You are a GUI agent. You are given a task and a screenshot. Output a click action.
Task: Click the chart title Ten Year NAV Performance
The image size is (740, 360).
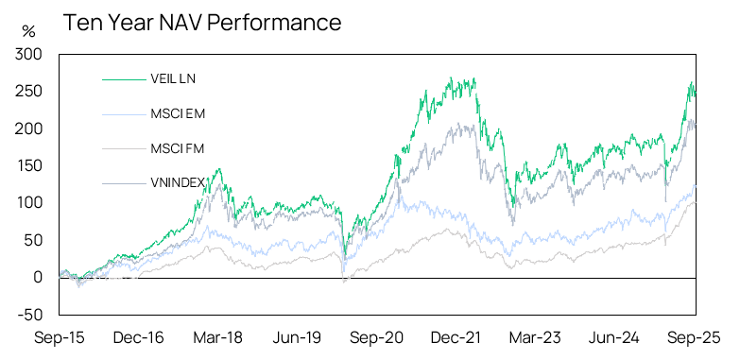click(x=202, y=21)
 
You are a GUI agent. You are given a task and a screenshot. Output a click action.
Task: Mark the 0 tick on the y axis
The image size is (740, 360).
click(x=38, y=277)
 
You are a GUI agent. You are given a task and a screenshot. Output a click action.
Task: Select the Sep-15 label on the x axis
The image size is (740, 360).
click(x=58, y=336)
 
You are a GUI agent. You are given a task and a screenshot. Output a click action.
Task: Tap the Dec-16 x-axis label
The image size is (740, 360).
click(x=137, y=336)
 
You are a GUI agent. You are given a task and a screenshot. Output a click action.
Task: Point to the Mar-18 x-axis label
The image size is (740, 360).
click(x=216, y=336)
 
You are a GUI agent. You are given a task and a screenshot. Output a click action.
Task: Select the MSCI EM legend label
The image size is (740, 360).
click(x=176, y=113)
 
